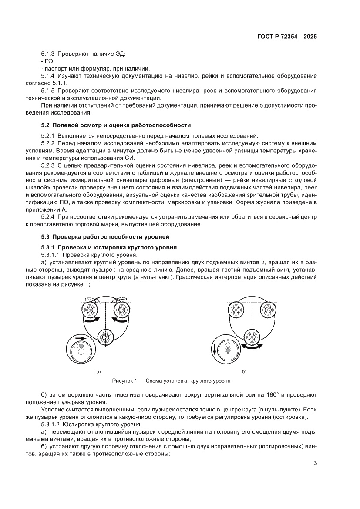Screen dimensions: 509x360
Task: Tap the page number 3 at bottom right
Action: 315,463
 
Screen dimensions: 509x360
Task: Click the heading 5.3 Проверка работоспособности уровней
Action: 104,237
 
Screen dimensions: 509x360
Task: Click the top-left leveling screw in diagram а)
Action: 90,310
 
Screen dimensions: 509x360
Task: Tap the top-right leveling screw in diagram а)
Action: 121,310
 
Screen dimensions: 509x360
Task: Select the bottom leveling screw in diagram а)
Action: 105,337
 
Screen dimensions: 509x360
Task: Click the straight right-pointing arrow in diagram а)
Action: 81,338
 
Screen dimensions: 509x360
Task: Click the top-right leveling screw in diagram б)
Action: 267,310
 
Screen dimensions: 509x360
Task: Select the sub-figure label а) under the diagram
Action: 99,371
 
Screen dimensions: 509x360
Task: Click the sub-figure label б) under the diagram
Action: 244,371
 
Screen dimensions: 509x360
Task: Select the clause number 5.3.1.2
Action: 50,424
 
